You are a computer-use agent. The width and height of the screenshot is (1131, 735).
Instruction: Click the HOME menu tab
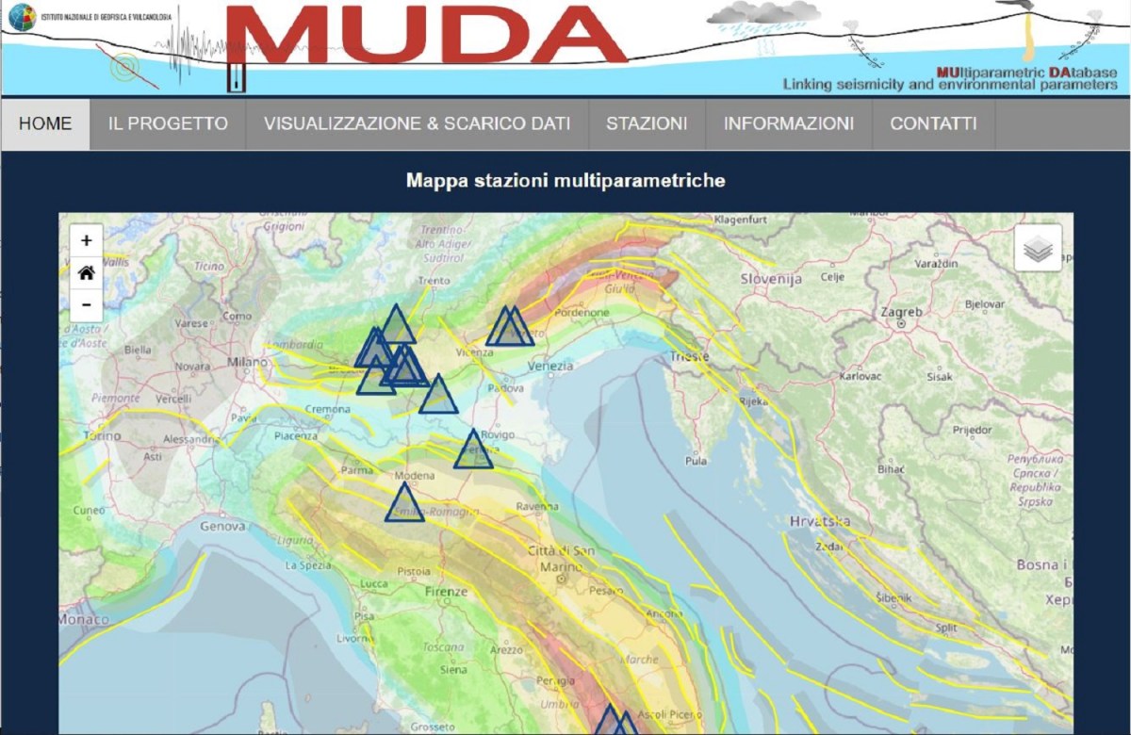45,123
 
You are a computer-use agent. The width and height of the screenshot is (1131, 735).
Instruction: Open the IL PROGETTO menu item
168,123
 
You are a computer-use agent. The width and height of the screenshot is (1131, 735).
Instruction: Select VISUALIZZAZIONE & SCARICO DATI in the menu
417,123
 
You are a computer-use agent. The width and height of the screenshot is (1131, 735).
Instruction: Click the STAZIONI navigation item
647,123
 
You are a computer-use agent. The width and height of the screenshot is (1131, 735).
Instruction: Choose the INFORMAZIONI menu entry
789,123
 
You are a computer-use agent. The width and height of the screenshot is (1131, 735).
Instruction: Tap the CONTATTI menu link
933,123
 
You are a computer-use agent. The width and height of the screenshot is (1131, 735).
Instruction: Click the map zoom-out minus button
87,304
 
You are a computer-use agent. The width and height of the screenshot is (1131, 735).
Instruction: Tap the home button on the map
87,273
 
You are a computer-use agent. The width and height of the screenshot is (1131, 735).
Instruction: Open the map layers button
1038,249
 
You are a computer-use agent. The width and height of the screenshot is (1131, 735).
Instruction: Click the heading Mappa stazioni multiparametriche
565,180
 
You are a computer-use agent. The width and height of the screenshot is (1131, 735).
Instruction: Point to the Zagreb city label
901,312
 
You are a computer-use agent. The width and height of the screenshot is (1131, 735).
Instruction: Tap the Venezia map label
550,366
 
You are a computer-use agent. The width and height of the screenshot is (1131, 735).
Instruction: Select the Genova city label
222,527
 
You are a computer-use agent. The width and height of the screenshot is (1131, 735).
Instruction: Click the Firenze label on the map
446,592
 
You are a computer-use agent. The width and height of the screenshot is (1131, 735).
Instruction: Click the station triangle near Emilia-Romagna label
404,504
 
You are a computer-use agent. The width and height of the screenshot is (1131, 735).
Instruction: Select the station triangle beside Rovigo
473,450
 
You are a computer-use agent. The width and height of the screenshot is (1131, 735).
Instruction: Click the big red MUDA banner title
426,35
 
